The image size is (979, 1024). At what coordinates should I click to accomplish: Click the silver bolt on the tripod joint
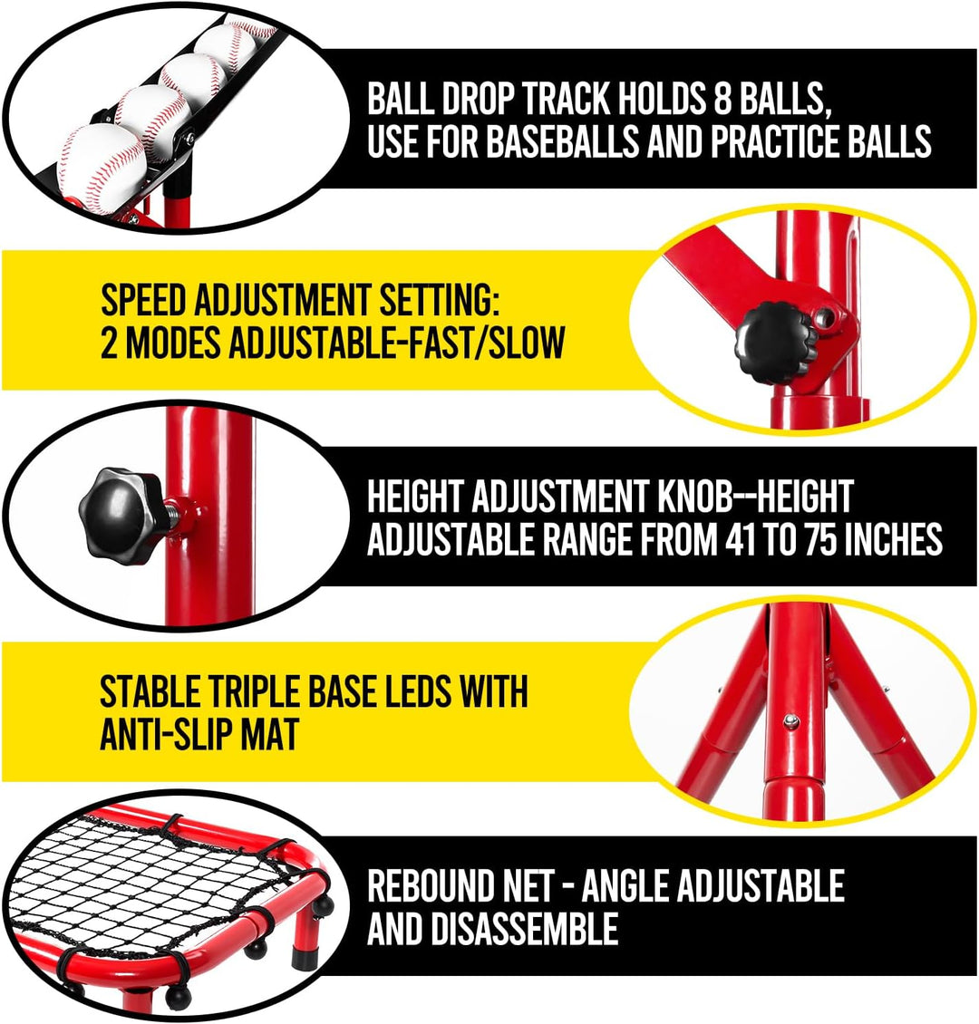790,720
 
